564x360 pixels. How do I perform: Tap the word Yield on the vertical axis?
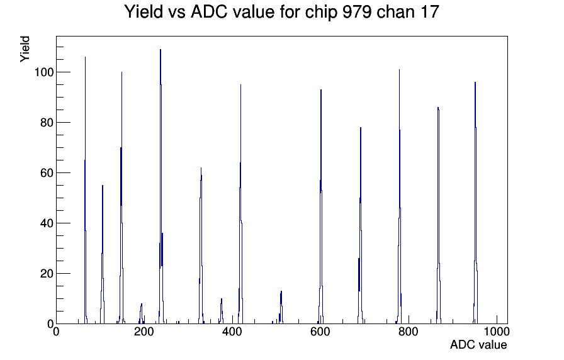25,49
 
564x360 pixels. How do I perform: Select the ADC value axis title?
478,344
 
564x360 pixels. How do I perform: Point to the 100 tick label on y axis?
44,72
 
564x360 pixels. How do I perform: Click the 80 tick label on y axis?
47,123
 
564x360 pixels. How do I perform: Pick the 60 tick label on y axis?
47,173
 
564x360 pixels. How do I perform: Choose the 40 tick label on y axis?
47,223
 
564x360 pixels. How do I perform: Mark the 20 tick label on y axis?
47,274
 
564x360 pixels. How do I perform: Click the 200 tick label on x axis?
144,331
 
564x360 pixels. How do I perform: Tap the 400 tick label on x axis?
232,331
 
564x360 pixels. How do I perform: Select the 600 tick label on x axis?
320,331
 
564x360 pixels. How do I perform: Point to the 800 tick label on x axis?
409,331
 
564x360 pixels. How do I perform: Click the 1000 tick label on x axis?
497,331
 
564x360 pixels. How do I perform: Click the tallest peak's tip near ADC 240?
161,50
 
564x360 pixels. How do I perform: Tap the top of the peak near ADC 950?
475,82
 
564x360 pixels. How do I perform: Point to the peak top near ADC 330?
201,168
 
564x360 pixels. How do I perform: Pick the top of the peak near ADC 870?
438,108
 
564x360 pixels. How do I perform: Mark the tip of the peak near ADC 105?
103,186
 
